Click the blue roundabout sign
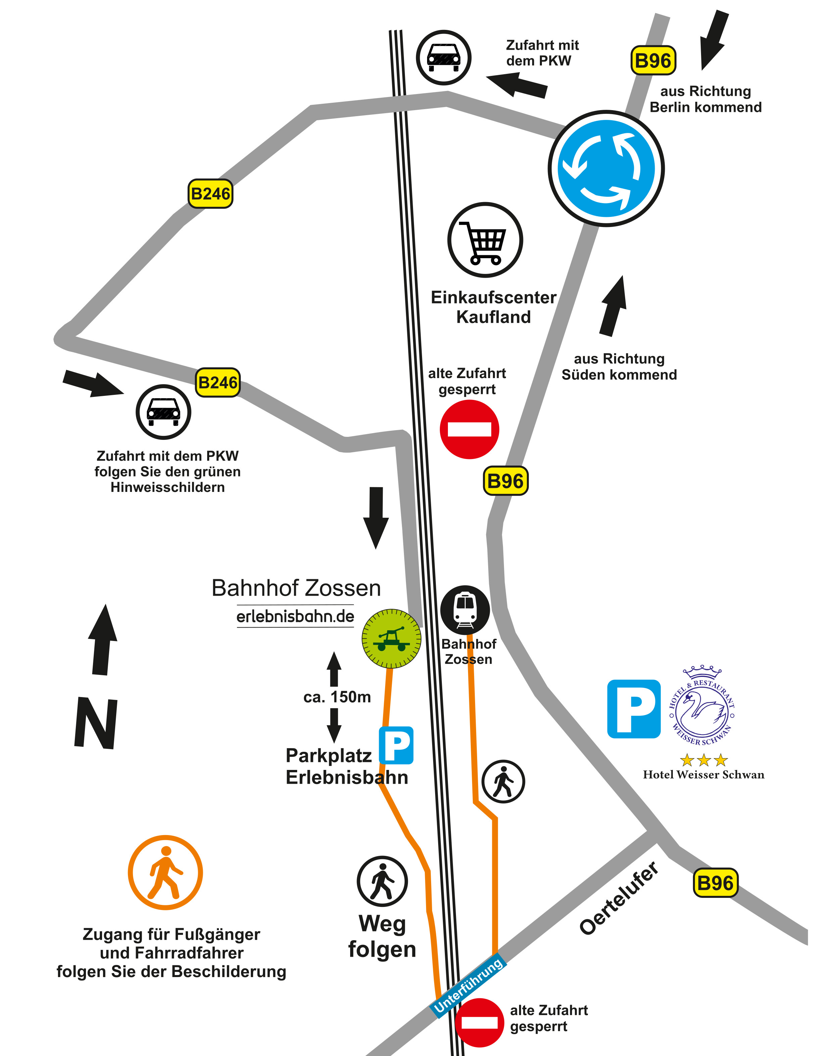tap(606, 168)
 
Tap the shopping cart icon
tap(485, 240)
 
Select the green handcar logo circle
tap(391, 639)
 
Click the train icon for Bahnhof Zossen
tap(465, 610)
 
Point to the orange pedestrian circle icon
tap(165, 873)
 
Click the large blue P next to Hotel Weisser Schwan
tap(634, 709)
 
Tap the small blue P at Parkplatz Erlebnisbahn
tap(396, 745)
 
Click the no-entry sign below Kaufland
tap(469, 429)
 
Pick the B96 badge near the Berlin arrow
tap(653, 60)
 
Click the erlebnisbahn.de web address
tap(295, 616)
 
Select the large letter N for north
tap(96, 723)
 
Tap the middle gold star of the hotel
tap(704, 760)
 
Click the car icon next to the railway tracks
tap(443, 57)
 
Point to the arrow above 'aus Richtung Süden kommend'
tap(613, 306)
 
